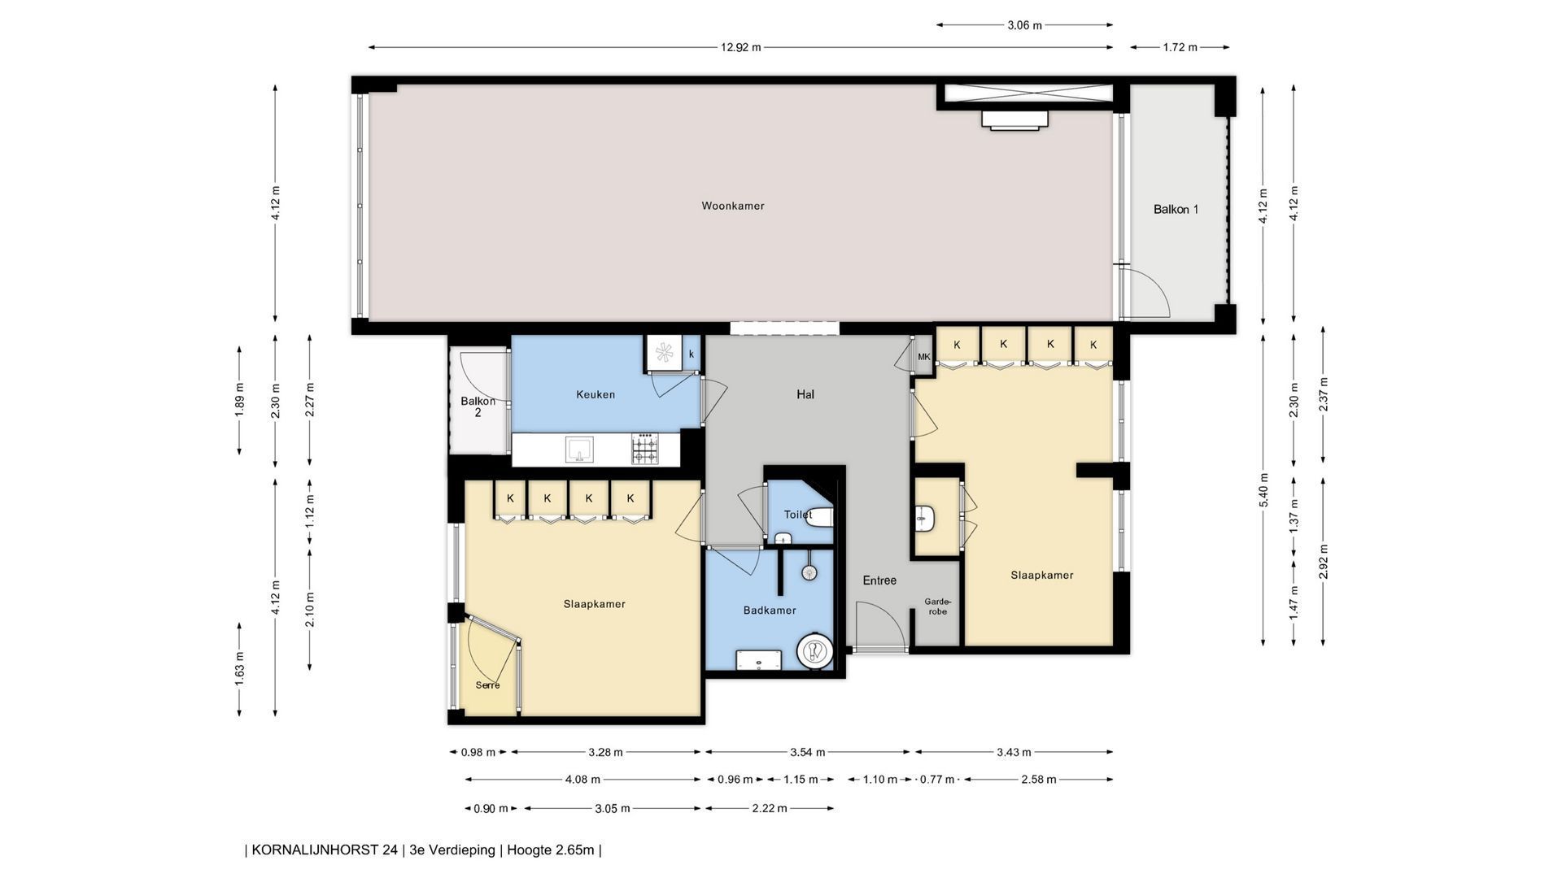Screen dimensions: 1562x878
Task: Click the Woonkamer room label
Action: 733,206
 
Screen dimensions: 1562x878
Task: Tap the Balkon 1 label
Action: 1176,209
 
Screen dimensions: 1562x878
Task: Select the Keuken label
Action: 596,394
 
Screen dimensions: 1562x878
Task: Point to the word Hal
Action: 805,394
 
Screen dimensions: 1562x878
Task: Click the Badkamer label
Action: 770,610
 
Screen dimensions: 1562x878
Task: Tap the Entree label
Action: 879,580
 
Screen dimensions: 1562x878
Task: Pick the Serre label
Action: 488,685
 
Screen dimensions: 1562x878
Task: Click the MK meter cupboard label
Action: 923,357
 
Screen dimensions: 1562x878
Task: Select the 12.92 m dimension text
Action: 740,47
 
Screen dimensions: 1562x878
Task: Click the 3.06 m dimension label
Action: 1024,25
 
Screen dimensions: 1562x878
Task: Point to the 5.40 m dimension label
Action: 1263,490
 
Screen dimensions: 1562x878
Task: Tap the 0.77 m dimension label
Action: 936,780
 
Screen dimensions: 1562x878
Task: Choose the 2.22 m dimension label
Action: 770,808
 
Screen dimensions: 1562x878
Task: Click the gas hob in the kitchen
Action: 644,450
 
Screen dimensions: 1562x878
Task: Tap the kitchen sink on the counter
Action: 579,449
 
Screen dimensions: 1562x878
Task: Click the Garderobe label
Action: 938,606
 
